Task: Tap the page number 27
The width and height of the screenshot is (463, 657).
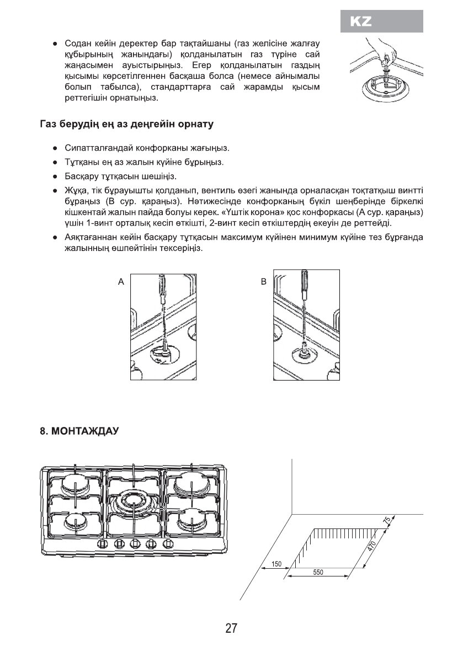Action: tap(231, 629)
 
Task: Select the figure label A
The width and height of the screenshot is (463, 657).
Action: tap(120, 281)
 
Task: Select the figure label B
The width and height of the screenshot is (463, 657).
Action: tap(263, 281)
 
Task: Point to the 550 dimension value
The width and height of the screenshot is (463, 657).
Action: tap(318, 573)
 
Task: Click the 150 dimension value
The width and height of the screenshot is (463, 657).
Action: tap(277, 564)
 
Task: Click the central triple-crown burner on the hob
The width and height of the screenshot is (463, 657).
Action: tap(133, 501)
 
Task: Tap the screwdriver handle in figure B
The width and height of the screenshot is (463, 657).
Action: tap(305, 284)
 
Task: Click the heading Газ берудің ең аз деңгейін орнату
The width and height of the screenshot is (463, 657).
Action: tap(126, 125)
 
